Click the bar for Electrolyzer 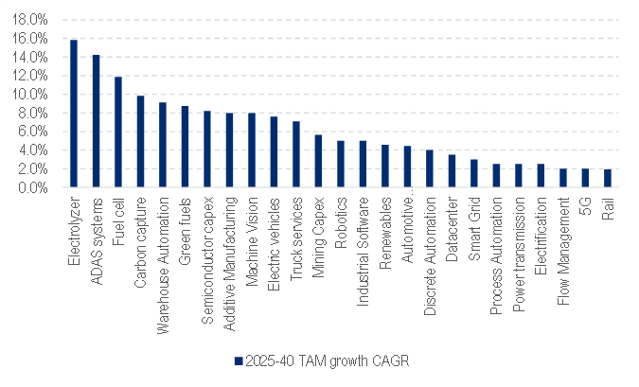pyautogui.click(x=74, y=114)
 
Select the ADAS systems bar pyautogui.click(x=96, y=121)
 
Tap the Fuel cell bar pyautogui.click(x=118, y=132)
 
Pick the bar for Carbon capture pyautogui.click(x=140, y=141)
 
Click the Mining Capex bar pyautogui.click(x=318, y=161)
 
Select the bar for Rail pyautogui.click(x=607, y=178)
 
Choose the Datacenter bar pyautogui.click(x=452, y=170)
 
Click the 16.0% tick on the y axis pyautogui.click(x=31, y=39)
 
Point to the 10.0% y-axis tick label pyautogui.click(x=31, y=95)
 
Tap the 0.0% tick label pyautogui.click(x=34, y=187)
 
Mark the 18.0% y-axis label pyautogui.click(x=31, y=20)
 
